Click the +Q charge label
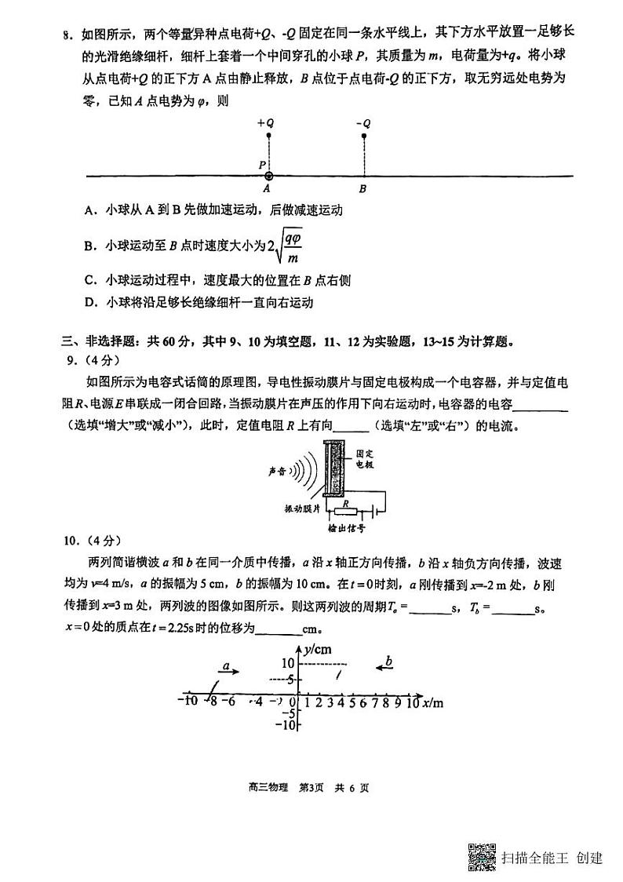point(265,123)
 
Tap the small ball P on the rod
point(268,176)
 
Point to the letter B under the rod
point(362,189)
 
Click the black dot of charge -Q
point(363,136)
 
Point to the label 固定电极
point(363,459)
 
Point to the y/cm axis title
point(318,648)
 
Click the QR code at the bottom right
point(482,856)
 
